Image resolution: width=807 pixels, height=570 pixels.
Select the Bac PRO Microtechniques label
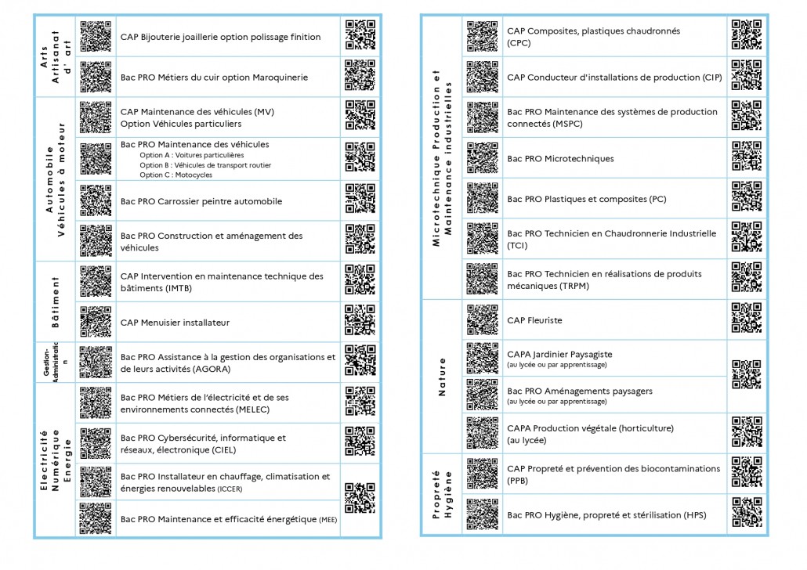560,159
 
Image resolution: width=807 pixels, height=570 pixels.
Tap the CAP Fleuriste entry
534,320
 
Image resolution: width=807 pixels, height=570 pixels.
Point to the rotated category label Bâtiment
56,301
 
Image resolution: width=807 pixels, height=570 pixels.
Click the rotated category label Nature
442,377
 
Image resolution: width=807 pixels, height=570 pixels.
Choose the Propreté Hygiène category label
443,494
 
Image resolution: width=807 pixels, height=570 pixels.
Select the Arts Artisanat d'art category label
56,56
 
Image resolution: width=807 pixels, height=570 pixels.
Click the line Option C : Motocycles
176,175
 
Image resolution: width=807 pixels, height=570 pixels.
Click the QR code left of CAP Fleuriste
482,319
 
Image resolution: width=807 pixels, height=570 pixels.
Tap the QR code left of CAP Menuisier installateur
96,321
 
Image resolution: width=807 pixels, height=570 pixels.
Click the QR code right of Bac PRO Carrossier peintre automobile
360,200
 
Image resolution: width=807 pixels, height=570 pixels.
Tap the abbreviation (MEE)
328,519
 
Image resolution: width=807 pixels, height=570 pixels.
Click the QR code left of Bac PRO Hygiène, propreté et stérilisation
482,514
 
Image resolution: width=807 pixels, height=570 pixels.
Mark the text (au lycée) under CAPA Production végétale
527,441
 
